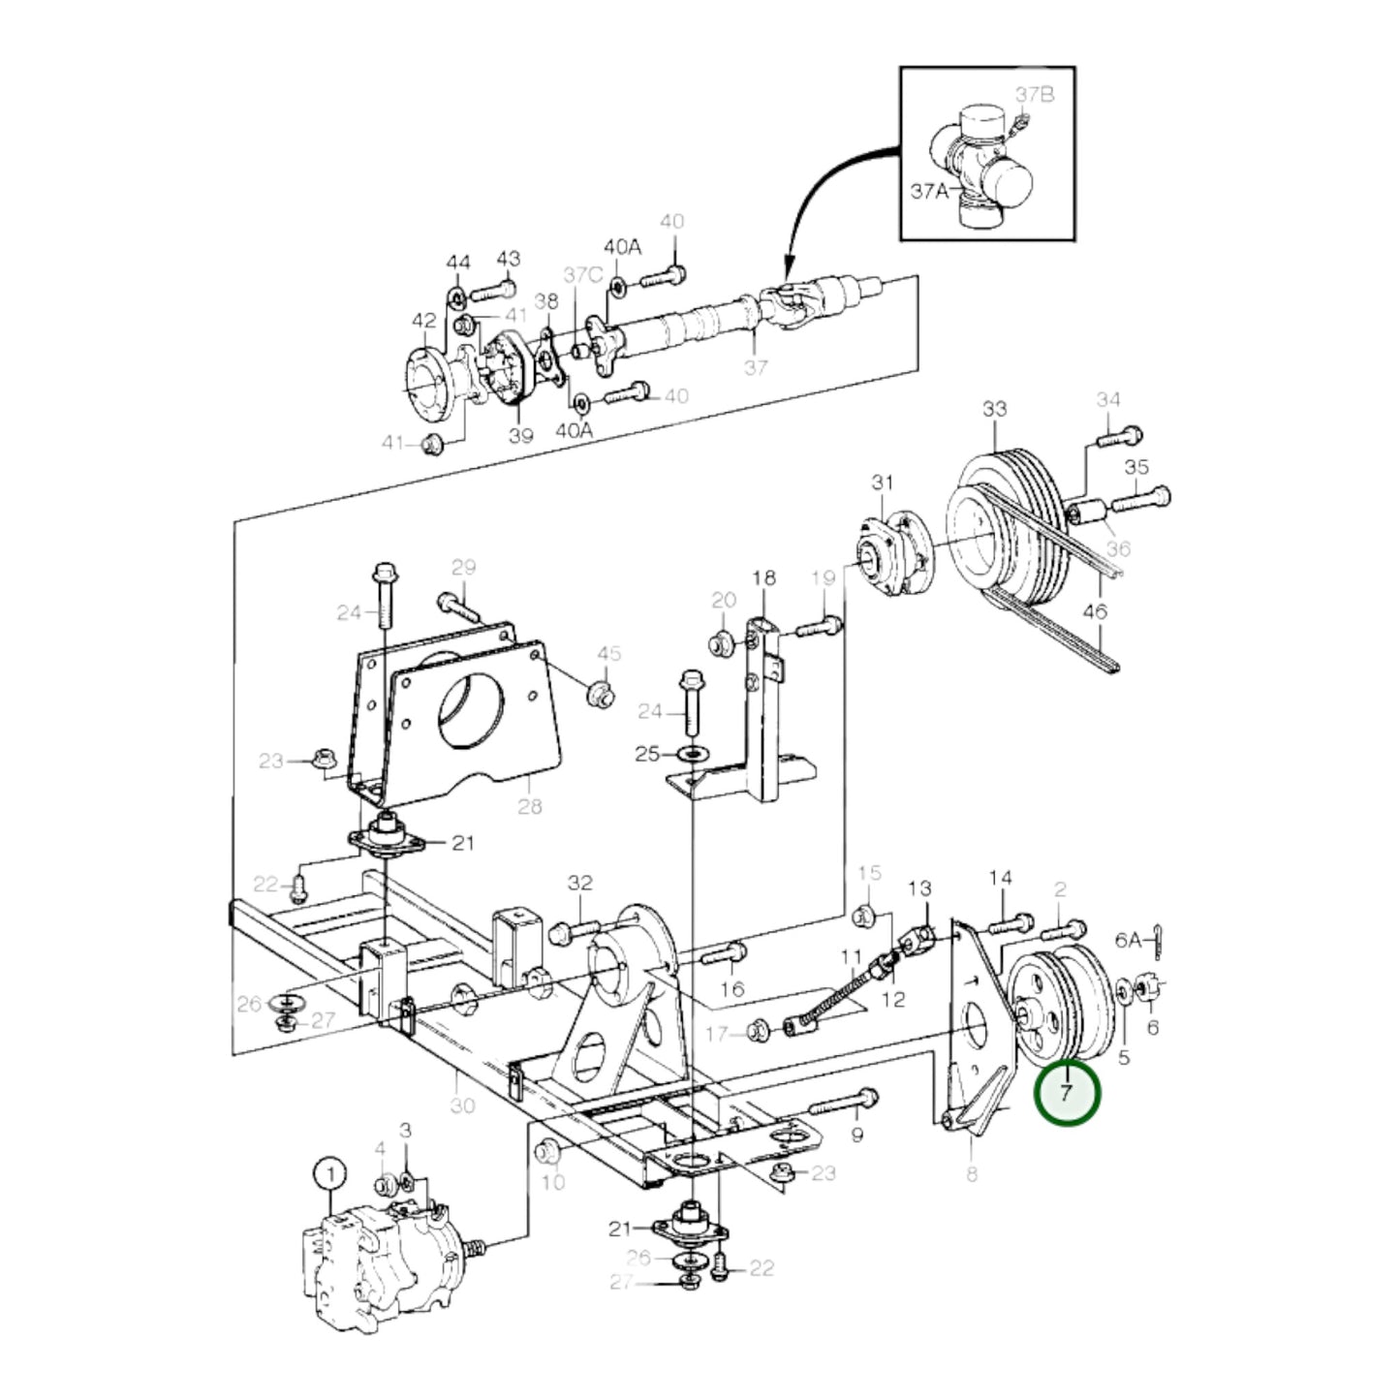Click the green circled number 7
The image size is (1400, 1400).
click(1067, 1093)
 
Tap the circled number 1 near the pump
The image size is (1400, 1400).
click(329, 1174)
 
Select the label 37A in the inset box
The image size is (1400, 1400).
click(929, 191)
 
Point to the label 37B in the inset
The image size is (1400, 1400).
click(1034, 94)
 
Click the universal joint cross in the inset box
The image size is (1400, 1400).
click(983, 165)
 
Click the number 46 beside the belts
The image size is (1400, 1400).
click(1094, 611)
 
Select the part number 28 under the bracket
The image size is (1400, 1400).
click(529, 805)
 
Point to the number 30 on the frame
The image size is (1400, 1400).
click(462, 1104)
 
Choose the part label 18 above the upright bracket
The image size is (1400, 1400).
click(763, 578)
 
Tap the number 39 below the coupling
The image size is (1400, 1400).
click(521, 435)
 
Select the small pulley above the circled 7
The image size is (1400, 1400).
click(1058, 1006)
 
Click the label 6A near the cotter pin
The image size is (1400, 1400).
click(1129, 939)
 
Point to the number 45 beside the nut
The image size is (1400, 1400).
click(608, 654)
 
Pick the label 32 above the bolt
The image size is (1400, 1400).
click(579, 883)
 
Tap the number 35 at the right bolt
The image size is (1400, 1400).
click(1136, 467)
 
